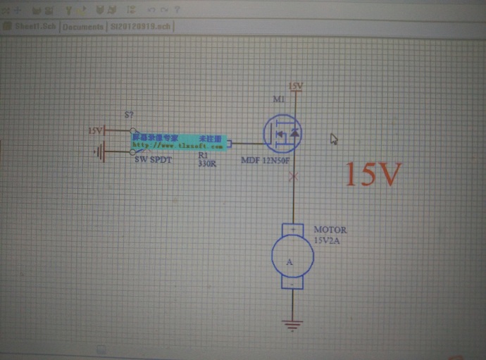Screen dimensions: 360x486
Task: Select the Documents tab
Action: click(83, 26)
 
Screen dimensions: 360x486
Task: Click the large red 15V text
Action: click(373, 175)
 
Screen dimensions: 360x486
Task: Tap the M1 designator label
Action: click(279, 100)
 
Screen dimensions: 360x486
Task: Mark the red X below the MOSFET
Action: click(294, 177)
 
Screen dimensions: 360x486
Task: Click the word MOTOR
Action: click(330, 230)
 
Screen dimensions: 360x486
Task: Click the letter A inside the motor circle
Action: click(289, 261)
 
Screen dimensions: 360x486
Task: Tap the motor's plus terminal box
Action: click(292, 230)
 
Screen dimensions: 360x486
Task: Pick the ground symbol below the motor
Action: click(292, 325)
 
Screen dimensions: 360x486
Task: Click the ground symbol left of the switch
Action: click(101, 151)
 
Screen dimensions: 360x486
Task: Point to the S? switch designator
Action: click(129, 114)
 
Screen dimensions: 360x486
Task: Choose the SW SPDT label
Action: click(153, 160)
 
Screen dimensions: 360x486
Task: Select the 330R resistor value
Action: click(207, 163)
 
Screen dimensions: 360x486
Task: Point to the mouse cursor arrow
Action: click(335, 139)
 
